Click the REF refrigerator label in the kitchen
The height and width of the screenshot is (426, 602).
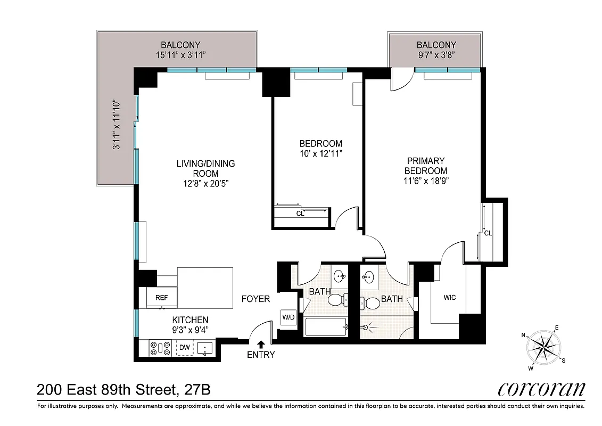pyautogui.click(x=161, y=298)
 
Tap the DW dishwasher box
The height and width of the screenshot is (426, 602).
pyautogui.click(x=184, y=348)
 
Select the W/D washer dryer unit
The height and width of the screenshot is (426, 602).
pyautogui.click(x=288, y=317)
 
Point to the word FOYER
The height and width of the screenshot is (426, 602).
pyautogui.click(x=255, y=299)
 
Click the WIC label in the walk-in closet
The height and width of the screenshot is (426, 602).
pyautogui.click(x=449, y=297)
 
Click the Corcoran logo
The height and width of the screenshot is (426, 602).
pyautogui.click(x=541, y=389)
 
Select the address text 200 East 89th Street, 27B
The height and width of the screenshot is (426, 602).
pyautogui.click(x=123, y=390)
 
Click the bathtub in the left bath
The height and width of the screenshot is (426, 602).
pyautogui.click(x=326, y=326)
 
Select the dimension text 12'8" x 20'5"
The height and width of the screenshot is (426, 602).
pyautogui.click(x=206, y=183)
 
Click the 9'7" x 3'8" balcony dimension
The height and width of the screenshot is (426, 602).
pyautogui.click(x=436, y=55)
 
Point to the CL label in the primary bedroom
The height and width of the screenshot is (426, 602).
pyautogui.click(x=488, y=233)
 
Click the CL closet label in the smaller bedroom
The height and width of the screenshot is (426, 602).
pyautogui.click(x=300, y=214)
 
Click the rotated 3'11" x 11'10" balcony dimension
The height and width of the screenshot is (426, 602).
pyautogui.click(x=116, y=125)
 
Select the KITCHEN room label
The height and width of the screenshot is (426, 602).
pyautogui.click(x=190, y=320)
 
